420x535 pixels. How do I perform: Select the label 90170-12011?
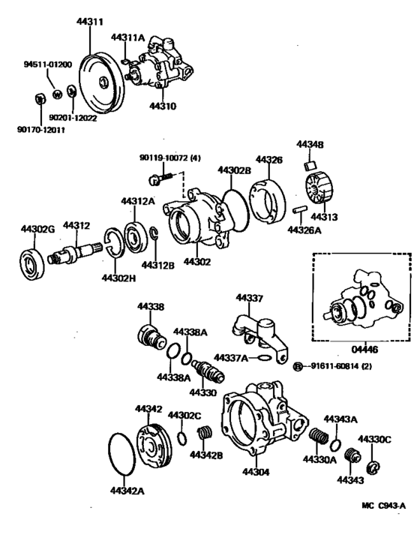40,130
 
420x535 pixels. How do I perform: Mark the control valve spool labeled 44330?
206,370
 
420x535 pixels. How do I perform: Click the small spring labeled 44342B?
202,434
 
